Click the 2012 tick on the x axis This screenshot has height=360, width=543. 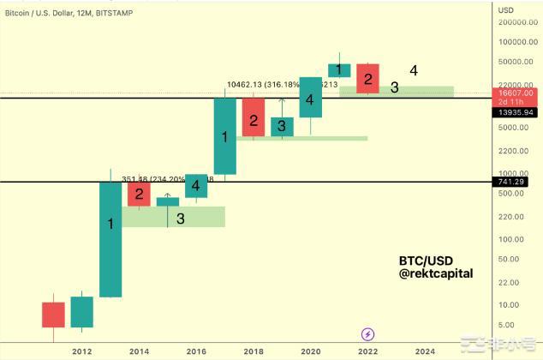point(82,351)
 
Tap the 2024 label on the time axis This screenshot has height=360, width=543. point(424,351)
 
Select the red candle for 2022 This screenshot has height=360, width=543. point(368,77)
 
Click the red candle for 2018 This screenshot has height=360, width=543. point(254,117)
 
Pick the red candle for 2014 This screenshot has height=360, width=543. point(139,194)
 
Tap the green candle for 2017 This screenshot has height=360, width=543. point(225,136)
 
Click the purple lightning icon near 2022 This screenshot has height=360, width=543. point(368,334)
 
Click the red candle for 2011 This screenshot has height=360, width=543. point(53,314)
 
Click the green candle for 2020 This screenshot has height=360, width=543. point(310,97)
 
